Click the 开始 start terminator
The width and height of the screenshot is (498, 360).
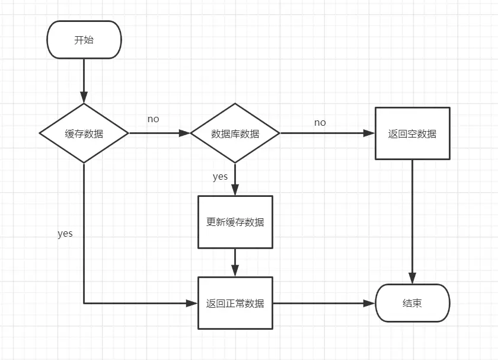84,40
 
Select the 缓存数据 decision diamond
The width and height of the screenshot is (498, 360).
84,133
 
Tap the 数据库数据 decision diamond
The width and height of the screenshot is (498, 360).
235,133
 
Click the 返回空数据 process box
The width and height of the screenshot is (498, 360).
413,133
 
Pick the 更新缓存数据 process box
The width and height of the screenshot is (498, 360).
235,222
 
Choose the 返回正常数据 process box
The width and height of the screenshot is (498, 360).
235,303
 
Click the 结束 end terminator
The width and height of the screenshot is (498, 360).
413,303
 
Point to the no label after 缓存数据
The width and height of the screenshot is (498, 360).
153,119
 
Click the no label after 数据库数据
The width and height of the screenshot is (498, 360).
320,123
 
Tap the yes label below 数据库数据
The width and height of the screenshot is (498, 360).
220,177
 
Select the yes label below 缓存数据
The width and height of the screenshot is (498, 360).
65,234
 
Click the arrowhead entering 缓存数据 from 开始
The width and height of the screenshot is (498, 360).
84,99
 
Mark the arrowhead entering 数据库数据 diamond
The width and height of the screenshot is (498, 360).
185,133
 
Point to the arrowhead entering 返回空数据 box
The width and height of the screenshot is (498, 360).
370,133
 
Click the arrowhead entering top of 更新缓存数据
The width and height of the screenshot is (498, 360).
235,191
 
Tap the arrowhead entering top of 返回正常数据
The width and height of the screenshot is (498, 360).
235,272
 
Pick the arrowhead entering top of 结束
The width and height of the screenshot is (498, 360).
413,279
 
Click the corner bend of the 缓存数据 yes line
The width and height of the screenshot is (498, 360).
84,303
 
